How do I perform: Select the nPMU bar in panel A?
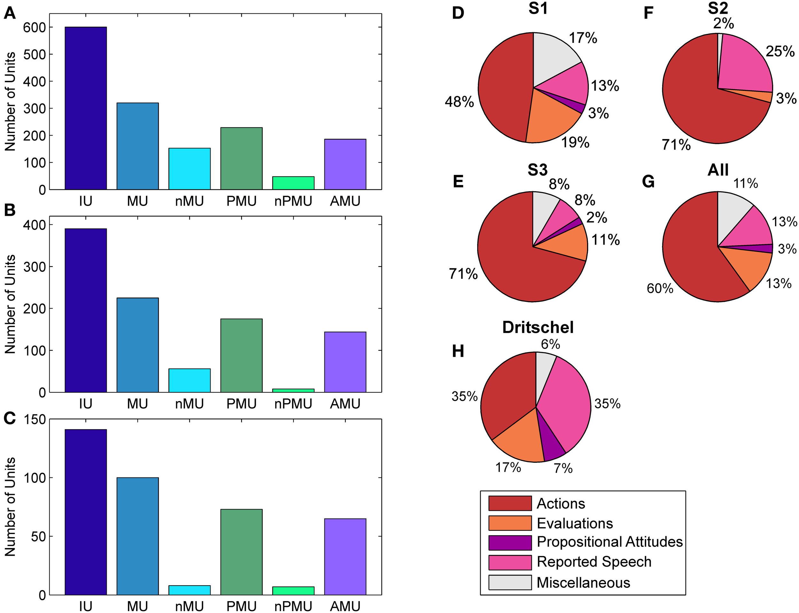pyautogui.click(x=293, y=183)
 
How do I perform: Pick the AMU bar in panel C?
pyautogui.click(x=345, y=556)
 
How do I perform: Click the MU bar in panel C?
pyautogui.click(x=137, y=536)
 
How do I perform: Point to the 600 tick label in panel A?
pyautogui.click(x=34, y=28)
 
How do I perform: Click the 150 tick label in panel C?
pyautogui.click(x=34, y=420)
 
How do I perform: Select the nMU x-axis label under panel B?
pyautogui.click(x=189, y=404)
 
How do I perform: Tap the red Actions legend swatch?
pyautogui.click(x=510, y=503)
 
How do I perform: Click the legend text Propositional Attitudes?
pyautogui.click(x=609, y=542)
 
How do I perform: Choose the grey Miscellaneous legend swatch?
pyautogui.click(x=510, y=582)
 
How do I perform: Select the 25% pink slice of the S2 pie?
pyautogui.click(x=744, y=66)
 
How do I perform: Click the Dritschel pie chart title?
pyautogui.click(x=538, y=327)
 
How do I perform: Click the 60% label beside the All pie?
pyautogui.click(x=660, y=289)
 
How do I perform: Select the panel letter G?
pyautogui.click(x=648, y=181)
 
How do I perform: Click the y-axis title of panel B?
pyautogui.click(x=10, y=304)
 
